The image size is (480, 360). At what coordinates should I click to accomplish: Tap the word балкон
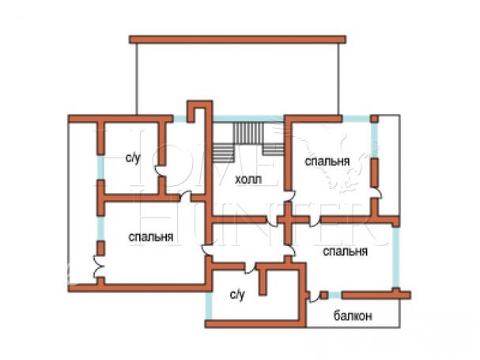pyautogui.click(x=353, y=316)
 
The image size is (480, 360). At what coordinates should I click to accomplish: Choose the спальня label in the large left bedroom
pyautogui.click(x=150, y=237)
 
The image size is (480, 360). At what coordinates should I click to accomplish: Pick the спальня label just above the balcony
pyautogui.click(x=346, y=252)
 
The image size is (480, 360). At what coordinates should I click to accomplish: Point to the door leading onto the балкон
pyautogui.click(x=323, y=296)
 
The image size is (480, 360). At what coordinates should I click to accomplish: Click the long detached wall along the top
pyautogui.click(x=236, y=39)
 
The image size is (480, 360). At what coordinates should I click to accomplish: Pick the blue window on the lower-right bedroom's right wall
pyautogui.click(x=397, y=256)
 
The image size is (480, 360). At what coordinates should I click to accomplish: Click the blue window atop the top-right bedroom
pyautogui.click(x=355, y=119)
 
